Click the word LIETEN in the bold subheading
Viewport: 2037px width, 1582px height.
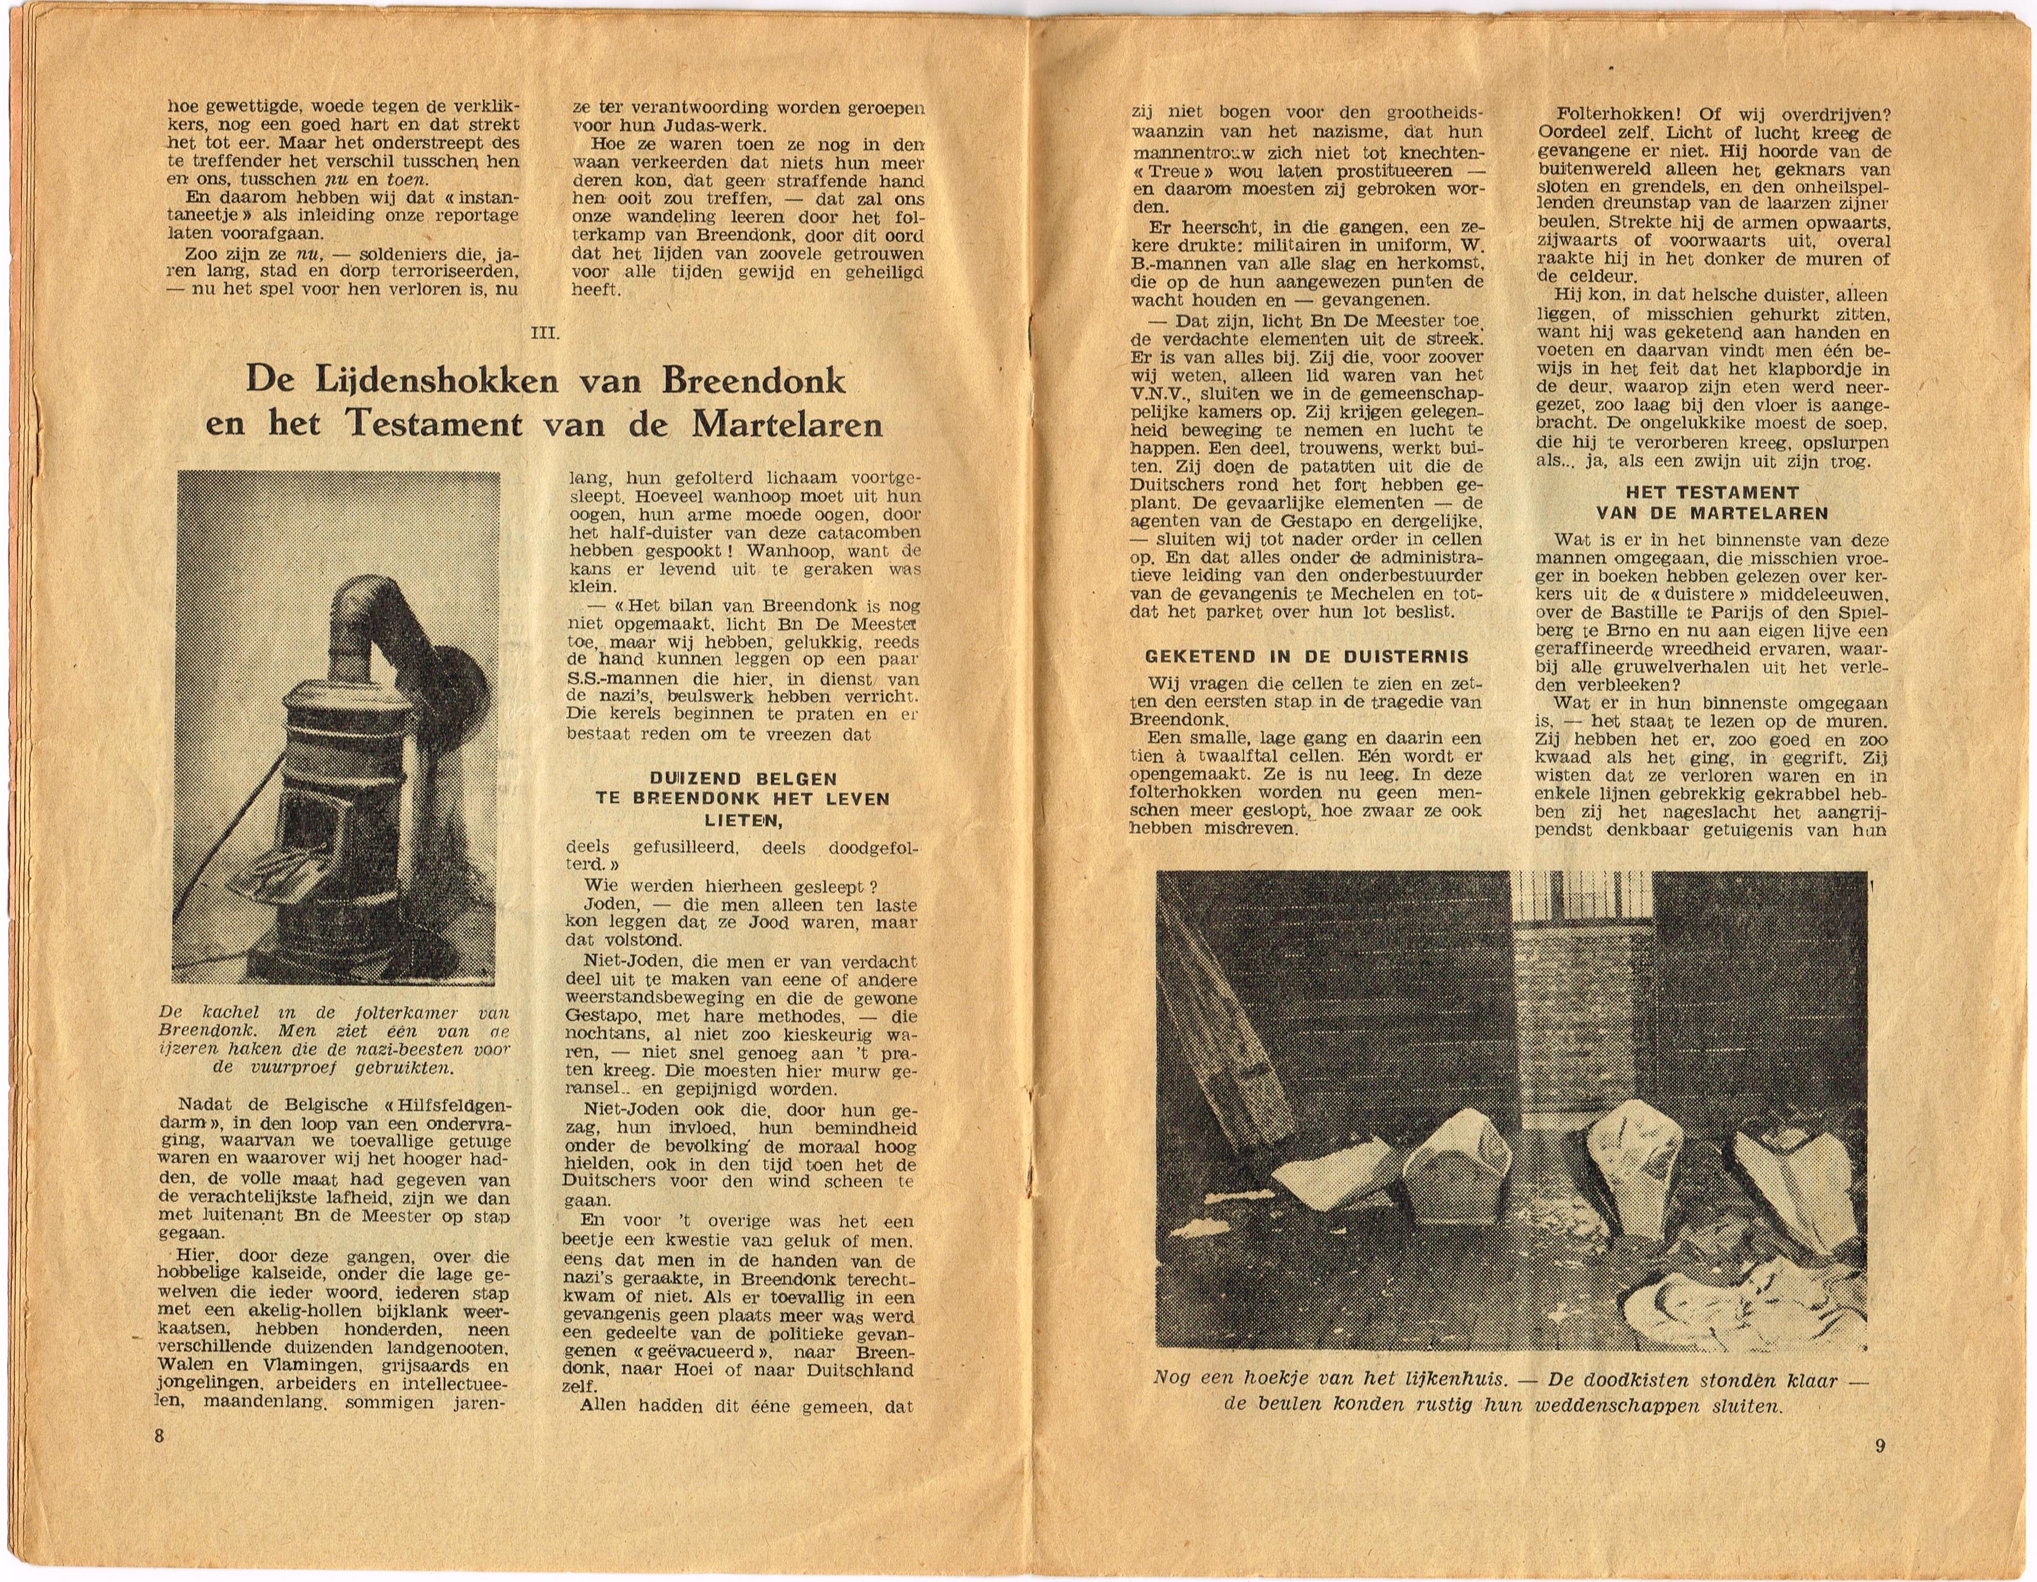pos(741,820)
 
